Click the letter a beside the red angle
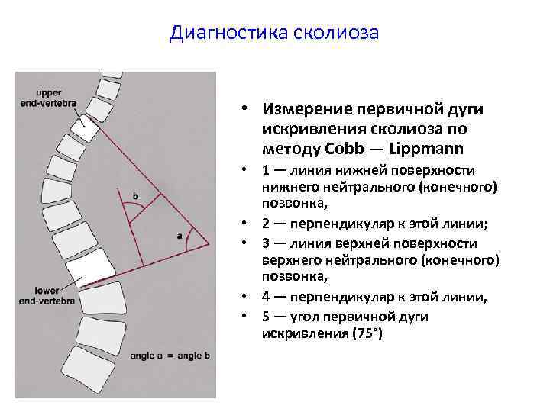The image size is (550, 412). (x=179, y=236)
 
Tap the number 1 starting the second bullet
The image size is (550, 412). (x=264, y=170)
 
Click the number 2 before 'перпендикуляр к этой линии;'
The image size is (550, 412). (x=264, y=225)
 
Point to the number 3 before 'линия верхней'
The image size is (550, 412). (x=264, y=243)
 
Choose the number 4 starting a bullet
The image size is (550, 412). (x=264, y=298)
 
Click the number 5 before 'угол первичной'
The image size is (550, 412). (x=264, y=317)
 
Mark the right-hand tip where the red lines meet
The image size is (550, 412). (x=209, y=244)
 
